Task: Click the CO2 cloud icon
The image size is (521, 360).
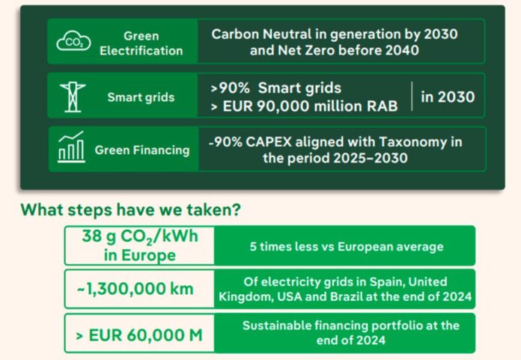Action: click(73, 42)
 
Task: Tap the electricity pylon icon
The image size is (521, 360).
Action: click(73, 97)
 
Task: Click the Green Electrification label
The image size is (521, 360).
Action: click(141, 43)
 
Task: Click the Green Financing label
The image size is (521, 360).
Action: click(142, 150)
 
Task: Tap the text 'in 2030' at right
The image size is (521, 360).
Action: click(447, 97)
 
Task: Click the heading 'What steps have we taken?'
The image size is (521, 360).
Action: click(130, 210)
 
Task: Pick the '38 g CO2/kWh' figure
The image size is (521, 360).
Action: click(139, 238)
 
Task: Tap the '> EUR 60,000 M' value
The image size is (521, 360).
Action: click(140, 335)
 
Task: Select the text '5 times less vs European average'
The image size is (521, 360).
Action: click(346, 246)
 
